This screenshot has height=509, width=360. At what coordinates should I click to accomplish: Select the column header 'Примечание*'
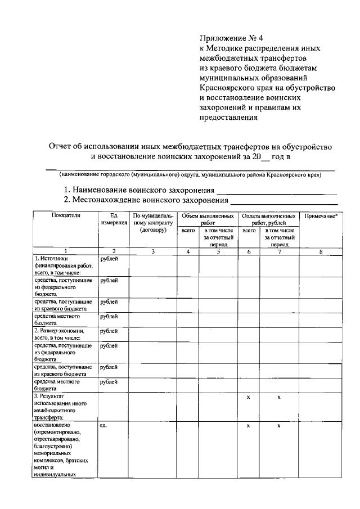(x=321, y=215)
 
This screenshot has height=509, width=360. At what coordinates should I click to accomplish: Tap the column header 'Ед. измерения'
(x=114, y=219)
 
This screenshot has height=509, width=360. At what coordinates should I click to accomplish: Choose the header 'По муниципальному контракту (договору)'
(x=153, y=223)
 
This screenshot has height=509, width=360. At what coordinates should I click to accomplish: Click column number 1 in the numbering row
(x=66, y=251)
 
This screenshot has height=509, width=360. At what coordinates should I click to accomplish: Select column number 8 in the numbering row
(x=321, y=251)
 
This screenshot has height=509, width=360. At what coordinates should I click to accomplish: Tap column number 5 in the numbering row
(x=218, y=251)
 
